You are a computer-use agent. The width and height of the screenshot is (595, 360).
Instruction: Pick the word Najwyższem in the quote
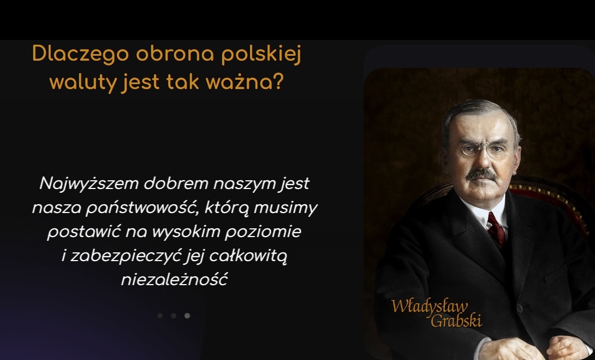(x=89, y=184)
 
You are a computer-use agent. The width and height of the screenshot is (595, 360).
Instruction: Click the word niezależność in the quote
(x=174, y=280)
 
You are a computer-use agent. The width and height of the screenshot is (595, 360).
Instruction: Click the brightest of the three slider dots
(x=187, y=316)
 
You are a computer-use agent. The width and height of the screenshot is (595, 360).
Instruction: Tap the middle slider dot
(x=174, y=316)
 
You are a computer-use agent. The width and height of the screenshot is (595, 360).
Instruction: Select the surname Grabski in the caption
(x=456, y=321)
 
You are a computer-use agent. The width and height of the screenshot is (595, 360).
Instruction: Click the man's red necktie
(x=496, y=229)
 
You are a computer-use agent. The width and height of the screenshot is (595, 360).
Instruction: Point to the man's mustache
(x=481, y=174)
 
